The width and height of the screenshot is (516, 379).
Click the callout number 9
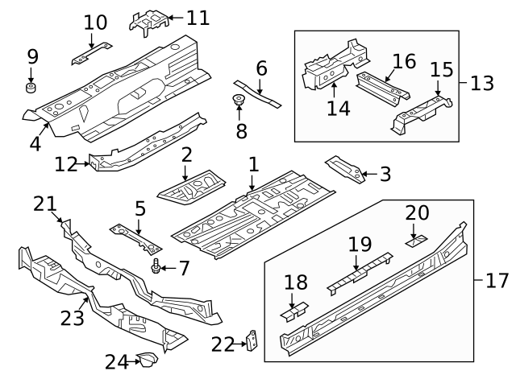click(x=32, y=56)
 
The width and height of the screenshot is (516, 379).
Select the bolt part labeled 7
click(x=154, y=266)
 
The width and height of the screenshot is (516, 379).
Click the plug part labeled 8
click(x=239, y=101)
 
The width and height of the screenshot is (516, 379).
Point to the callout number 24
click(x=116, y=362)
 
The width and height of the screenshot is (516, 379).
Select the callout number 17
click(x=497, y=281)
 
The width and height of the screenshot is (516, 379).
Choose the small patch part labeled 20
click(x=417, y=239)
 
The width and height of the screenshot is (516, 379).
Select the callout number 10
click(x=95, y=22)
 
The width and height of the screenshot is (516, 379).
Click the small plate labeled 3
click(x=343, y=167)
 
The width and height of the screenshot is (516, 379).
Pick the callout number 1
click(x=253, y=165)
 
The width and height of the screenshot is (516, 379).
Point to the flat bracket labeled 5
click(x=135, y=237)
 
